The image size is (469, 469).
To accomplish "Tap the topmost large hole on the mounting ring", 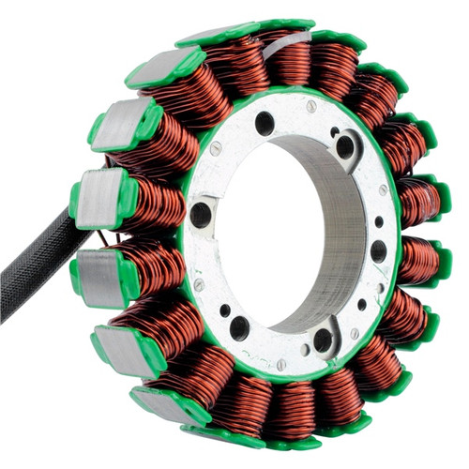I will pyautogui.click(x=265, y=123).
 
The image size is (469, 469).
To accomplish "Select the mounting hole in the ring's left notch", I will pyautogui.click(x=201, y=215).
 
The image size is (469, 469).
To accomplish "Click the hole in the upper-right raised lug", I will pyautogui.click(x=345, y=145).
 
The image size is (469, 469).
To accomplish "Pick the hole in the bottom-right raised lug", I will pyautogui.click(x=324, y=340).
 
